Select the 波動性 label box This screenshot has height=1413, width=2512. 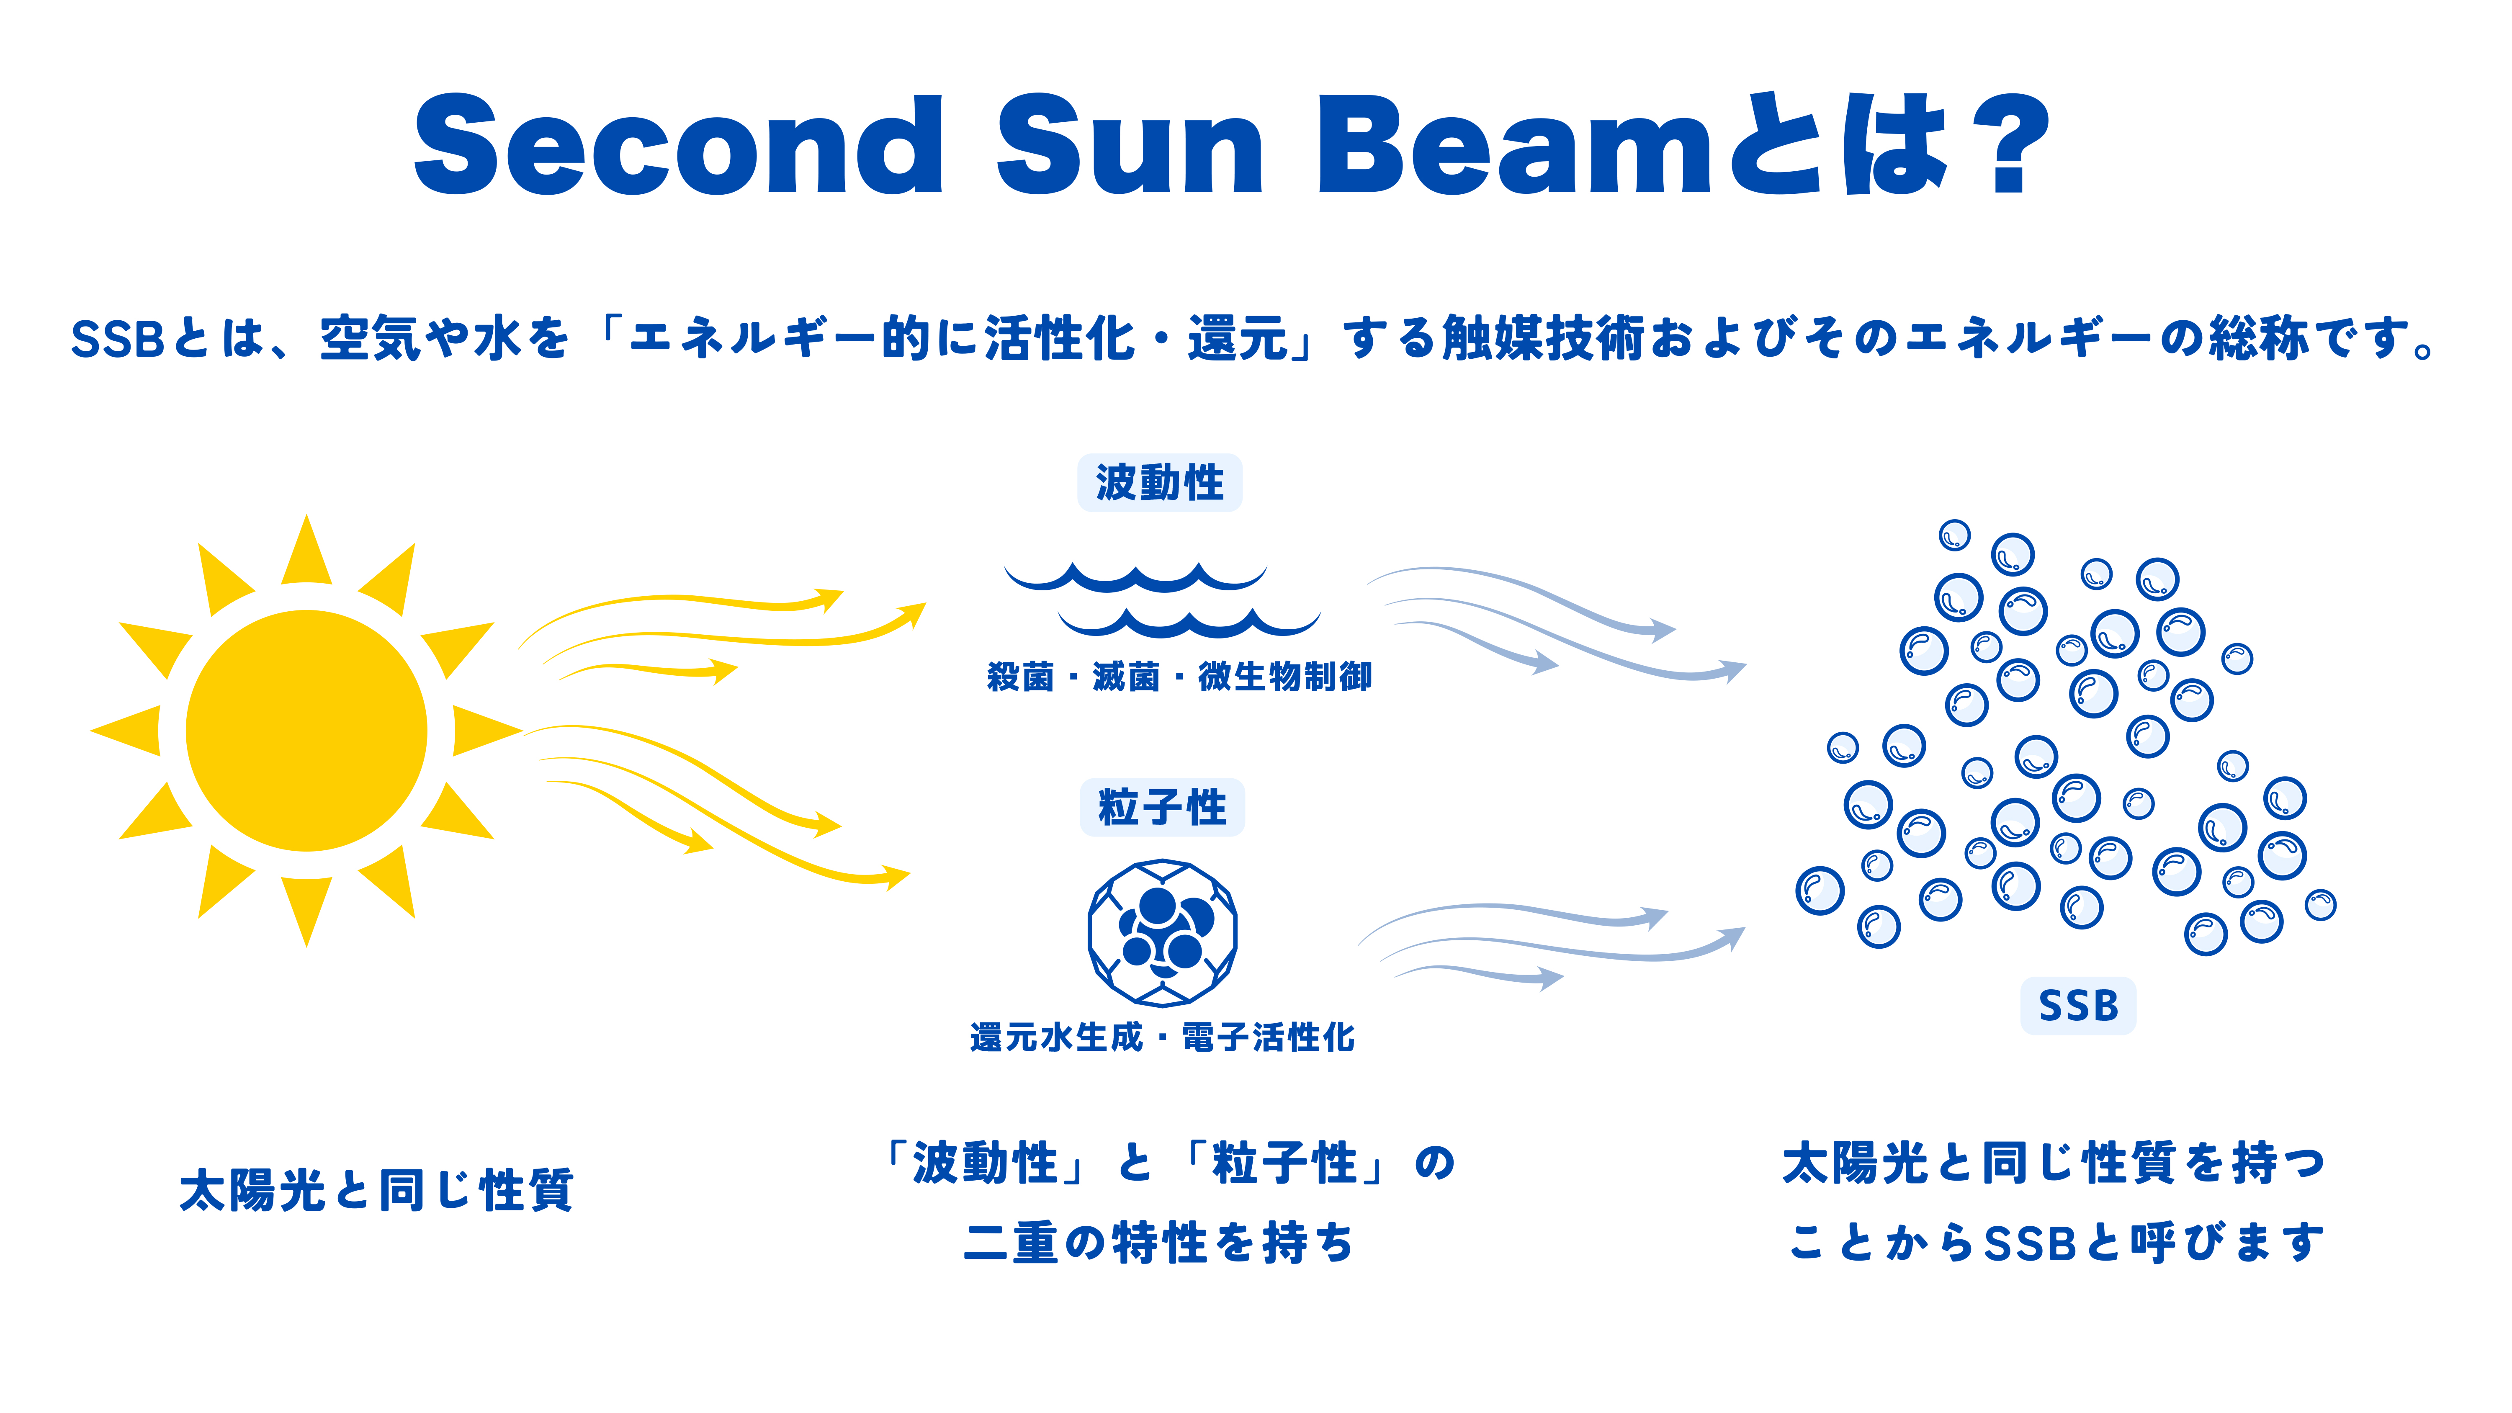[x=1159, y=482]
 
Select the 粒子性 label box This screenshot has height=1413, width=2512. [x=1161, y=808]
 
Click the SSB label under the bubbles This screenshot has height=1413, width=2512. [x=2078, y=1005]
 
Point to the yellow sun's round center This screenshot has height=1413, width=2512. [x=306, y=731]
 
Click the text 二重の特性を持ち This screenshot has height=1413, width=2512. [x=1159, y=1242]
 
